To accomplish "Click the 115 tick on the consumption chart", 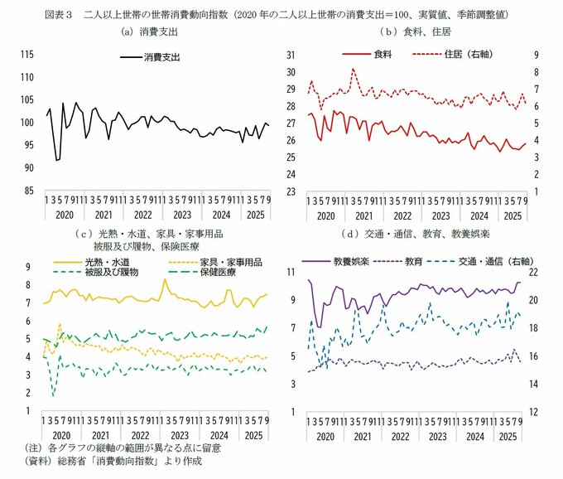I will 26,55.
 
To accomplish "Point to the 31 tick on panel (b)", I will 290,55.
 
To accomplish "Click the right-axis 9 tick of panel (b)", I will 536,55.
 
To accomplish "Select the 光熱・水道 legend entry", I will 103,262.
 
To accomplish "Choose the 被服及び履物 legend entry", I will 110,272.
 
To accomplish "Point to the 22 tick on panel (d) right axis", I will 537,273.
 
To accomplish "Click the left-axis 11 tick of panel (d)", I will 290,273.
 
